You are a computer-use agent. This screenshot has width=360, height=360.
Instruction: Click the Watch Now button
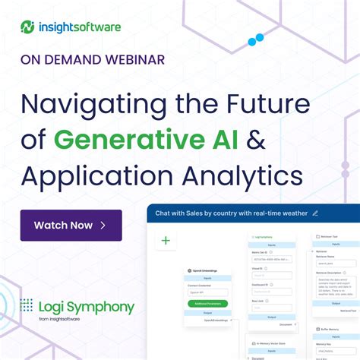coord(71,226)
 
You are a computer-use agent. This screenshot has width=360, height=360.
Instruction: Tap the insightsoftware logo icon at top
coord(28,28)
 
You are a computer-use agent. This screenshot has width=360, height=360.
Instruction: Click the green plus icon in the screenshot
coord(166,241)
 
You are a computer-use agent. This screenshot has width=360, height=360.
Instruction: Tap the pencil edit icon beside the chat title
coord(315,213)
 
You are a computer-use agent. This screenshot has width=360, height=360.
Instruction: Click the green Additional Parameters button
coord(207,303)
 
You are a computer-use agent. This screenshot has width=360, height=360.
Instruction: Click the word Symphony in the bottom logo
coord(100,308)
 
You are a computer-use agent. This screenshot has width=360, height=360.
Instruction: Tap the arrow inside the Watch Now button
coord(103,226)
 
